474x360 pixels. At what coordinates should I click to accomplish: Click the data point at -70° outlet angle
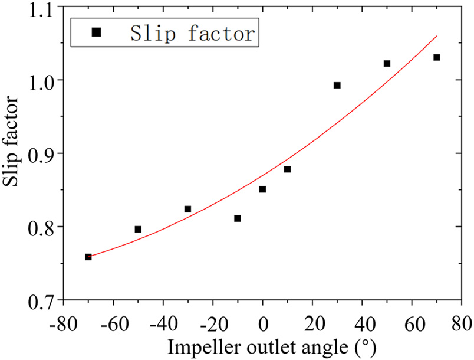[x=88, y=257]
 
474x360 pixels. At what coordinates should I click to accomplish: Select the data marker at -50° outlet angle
[x=138, y=229]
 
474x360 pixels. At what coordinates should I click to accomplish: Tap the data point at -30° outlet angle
[x=187, y=209]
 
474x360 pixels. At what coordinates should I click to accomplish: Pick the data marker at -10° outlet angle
[x=237, y=218]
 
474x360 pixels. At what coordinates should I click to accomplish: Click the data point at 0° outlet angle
[x=262, y=189]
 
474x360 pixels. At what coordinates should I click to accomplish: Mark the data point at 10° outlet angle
[x=287, y=169]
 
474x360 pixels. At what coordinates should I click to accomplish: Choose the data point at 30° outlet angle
[x=337, y=85]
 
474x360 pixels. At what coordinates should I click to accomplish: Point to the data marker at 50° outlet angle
[x=387, y=63]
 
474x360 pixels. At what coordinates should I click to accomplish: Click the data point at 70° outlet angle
[x=436, y=57]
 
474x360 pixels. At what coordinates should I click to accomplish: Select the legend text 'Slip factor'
[x=193, y=33]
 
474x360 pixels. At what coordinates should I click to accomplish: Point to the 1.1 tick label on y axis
[x=41, y=8]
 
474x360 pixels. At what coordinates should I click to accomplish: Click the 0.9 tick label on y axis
[x=41, y=154]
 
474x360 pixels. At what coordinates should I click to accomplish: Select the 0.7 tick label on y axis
[x=41, y=300]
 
